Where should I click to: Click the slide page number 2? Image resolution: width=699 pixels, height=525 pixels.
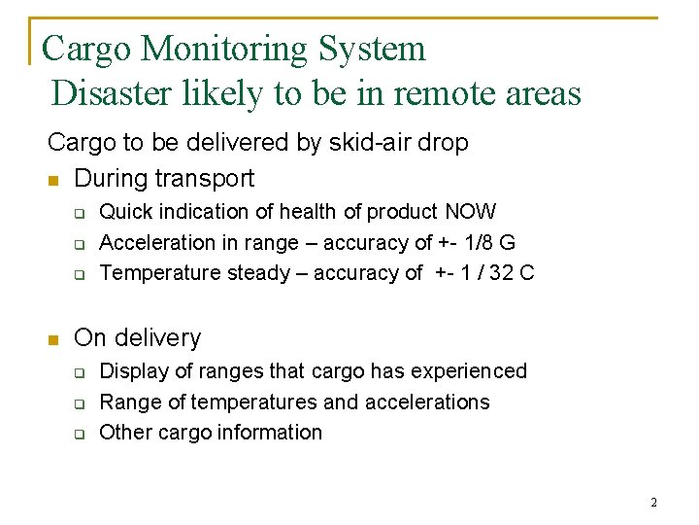(x=653, y=503)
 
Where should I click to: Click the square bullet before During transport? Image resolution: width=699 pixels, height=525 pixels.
(x=54, y=180)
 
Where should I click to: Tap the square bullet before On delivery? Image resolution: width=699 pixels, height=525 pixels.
(x=54, y=339)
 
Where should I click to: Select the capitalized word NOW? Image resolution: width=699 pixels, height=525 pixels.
(x=471, y=212)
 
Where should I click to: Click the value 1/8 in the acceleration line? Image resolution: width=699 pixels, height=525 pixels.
(x=478, y=242)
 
